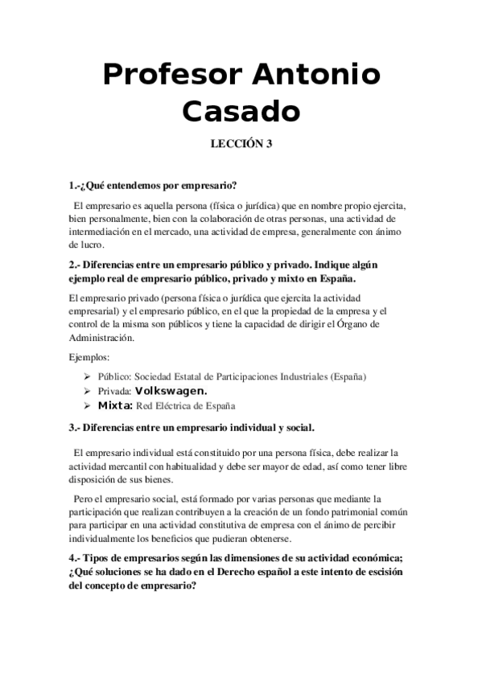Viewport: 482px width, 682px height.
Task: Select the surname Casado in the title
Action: (241, 111)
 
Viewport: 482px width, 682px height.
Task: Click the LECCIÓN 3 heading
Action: (241, 144)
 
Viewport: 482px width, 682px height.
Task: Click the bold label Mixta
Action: (115, 405)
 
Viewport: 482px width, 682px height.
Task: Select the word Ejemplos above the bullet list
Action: (90, 356)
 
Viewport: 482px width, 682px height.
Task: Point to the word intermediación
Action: (104, 232)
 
